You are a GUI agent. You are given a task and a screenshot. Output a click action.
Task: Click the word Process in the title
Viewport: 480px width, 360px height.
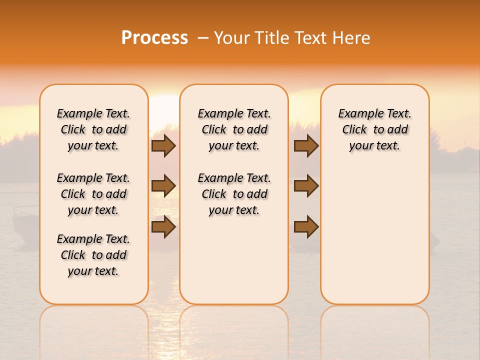[154, 38]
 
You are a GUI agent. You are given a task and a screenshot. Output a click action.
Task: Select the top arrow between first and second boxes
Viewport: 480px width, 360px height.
[163, 146]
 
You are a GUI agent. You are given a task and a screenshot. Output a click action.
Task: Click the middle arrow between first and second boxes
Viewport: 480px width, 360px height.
[163, 186]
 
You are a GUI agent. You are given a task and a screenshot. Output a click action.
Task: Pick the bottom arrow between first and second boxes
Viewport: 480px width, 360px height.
[163, 227]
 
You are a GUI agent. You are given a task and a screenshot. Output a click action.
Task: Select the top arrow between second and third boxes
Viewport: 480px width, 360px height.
[306, 146]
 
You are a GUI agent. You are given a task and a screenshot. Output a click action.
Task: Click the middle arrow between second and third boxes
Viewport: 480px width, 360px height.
[306, 186]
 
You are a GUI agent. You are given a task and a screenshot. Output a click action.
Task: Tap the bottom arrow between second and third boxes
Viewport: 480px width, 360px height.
[306, 227]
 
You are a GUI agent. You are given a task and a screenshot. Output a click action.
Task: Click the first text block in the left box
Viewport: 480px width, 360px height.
[93, 129]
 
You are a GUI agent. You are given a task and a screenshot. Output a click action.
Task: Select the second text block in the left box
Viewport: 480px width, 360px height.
[93, 194]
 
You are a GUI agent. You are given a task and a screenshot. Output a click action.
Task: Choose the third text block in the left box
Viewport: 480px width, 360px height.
[93, 255]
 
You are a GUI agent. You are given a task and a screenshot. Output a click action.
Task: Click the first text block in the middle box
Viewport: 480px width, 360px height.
[234, 129]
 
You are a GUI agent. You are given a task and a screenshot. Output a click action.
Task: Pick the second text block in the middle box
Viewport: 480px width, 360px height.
[234, 194]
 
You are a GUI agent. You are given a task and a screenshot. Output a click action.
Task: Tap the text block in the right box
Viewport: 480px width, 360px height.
[374, 129]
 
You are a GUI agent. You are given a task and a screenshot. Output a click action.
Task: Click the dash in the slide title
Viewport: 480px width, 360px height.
[203, 38]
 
